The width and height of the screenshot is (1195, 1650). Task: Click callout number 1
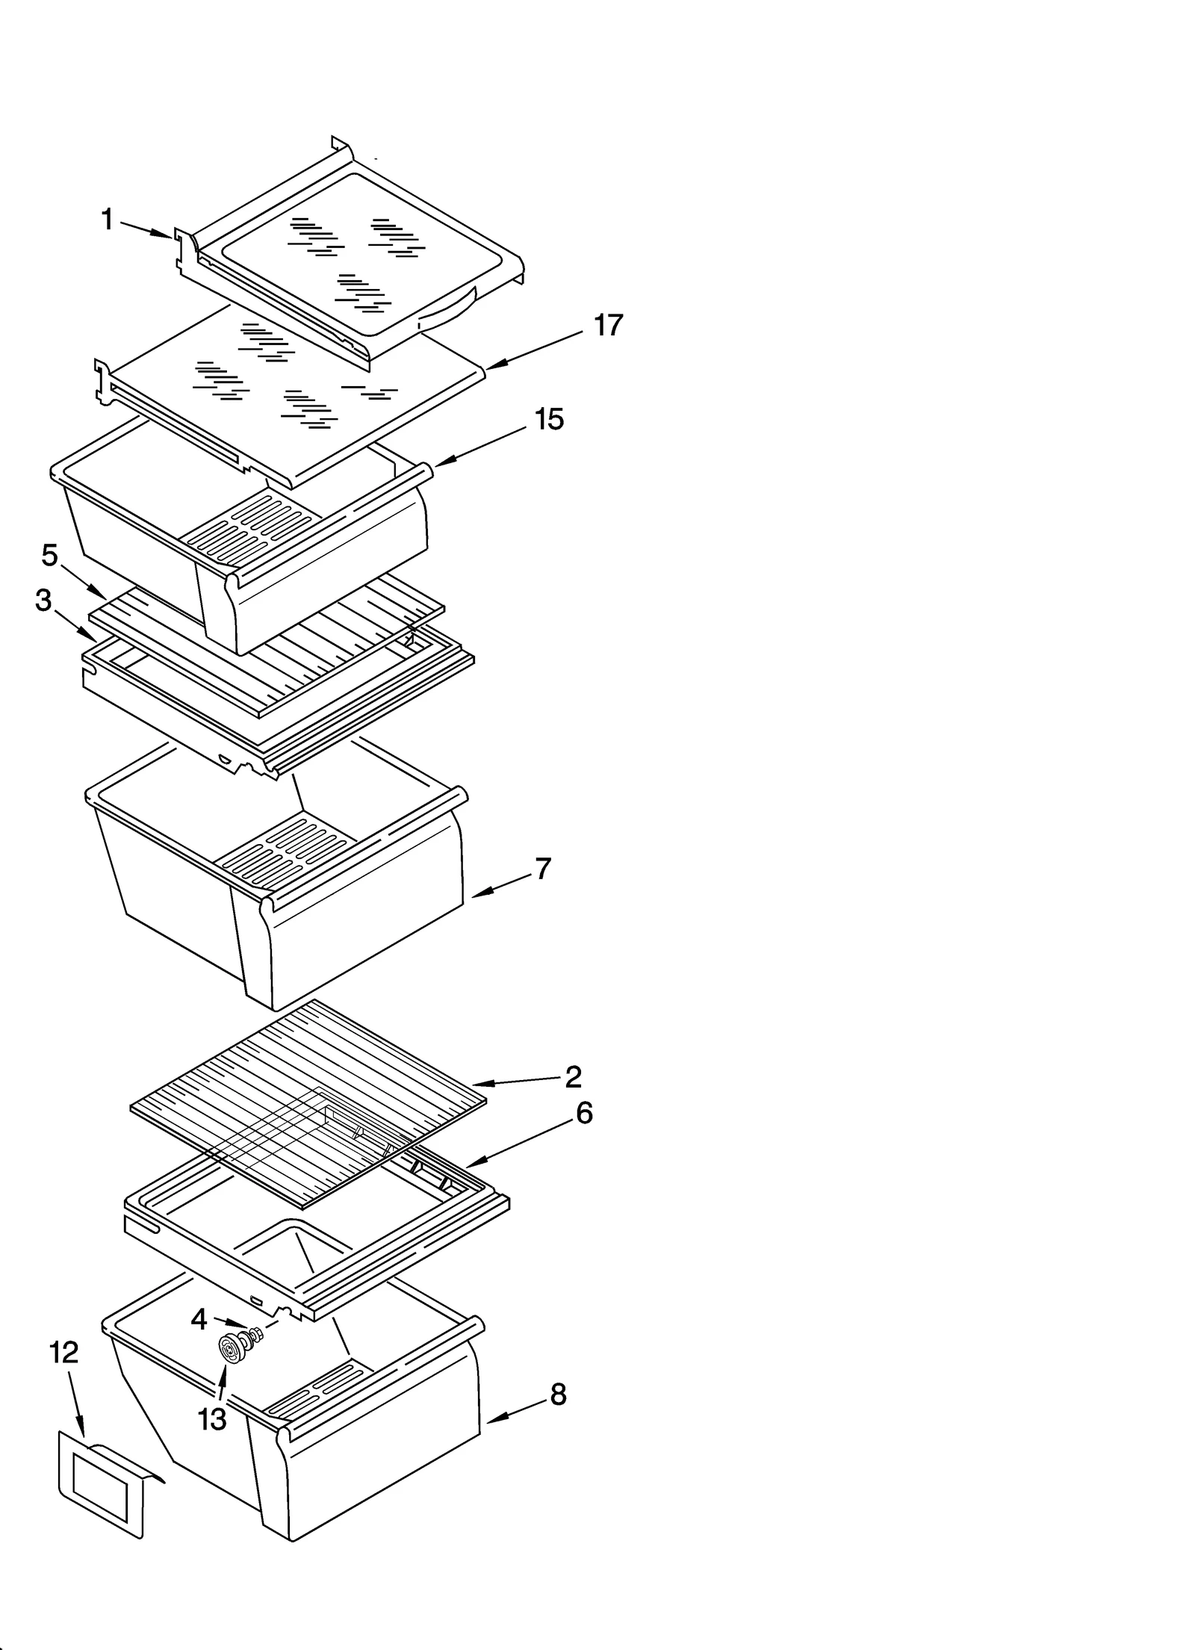(108, 220)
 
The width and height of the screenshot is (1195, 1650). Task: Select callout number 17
(608, 326)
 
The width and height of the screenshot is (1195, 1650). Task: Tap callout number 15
(549, 420)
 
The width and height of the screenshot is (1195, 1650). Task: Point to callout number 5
(49, 555)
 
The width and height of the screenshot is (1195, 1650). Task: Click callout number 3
(43, 600)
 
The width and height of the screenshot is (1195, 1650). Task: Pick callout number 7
(543, 869)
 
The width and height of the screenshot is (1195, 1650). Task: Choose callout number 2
(573, 1076)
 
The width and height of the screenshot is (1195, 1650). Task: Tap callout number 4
(199, 1320)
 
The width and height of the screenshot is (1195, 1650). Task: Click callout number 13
(212, 1418)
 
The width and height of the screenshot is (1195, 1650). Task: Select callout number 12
(63, 1353)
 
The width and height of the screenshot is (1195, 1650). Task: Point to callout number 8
(558, 1395)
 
